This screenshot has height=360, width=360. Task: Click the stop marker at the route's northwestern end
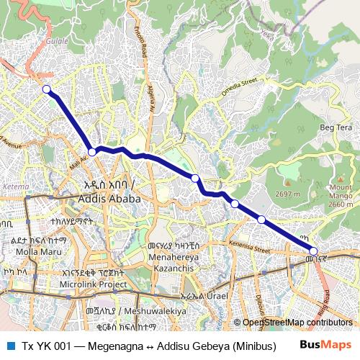pos(47,89)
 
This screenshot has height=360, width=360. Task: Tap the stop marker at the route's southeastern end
pos(314,251)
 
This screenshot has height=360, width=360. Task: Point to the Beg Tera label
pos(335,127)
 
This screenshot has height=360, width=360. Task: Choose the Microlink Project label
pos(94,284)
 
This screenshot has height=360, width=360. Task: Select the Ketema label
pos(17,186)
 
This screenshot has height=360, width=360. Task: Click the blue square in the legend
pos(9,345)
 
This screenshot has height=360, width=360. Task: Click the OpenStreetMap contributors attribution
pos(297,323)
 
